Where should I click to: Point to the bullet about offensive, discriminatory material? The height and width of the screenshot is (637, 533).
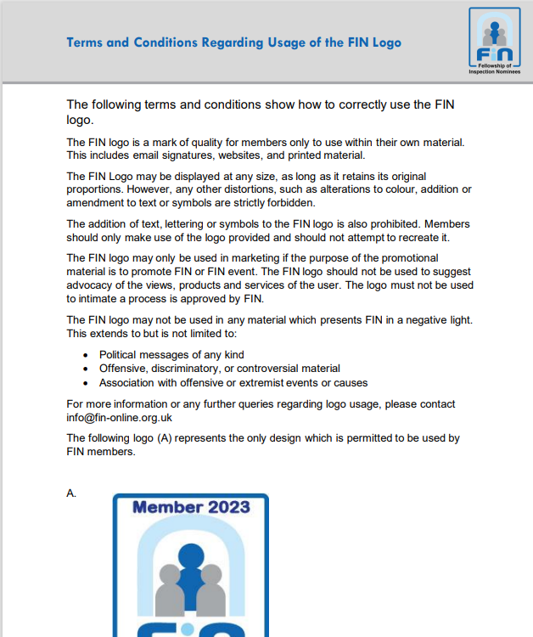219,369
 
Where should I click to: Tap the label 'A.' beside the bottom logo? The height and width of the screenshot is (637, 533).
71,493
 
